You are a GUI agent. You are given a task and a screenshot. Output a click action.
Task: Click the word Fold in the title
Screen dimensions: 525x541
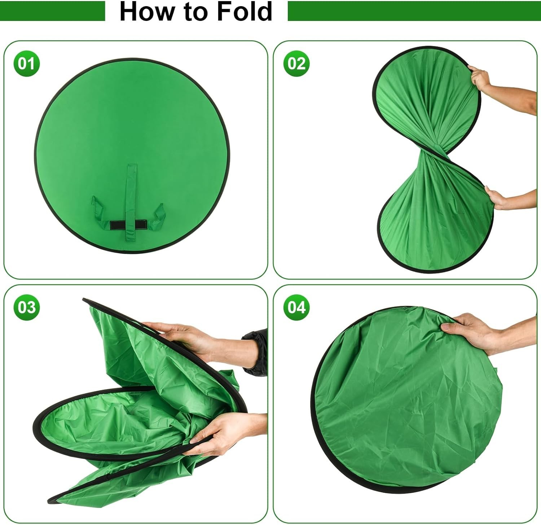pos(244,12)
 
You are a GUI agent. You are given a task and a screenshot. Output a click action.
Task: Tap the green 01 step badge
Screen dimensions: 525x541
pos(26,64)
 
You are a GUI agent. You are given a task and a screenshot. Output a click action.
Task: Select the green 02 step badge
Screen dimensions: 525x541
pos(296,64)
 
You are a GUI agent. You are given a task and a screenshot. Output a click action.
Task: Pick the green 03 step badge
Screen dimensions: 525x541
pos(26,307)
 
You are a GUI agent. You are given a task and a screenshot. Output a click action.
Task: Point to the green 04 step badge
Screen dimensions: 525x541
pos(296,307)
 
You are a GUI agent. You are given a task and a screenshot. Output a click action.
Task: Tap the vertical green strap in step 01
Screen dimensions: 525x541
pos(131,191)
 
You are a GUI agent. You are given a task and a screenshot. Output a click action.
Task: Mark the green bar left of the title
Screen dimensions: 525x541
pos(52,11)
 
